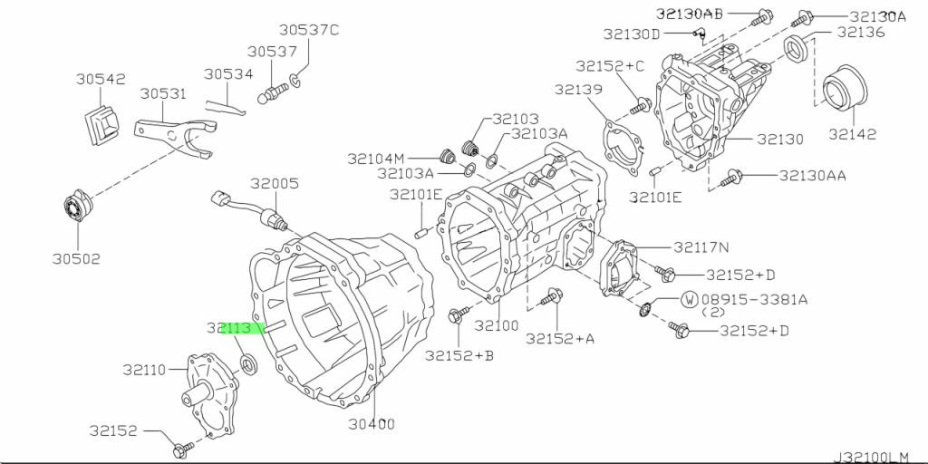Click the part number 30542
tap(101, 79)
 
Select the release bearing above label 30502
tap(78, 207)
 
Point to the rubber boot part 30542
tap(101, 126)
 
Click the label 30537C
tap(309, 30)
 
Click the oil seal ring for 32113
tap(248, 362)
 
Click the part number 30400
tap(372, 423)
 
